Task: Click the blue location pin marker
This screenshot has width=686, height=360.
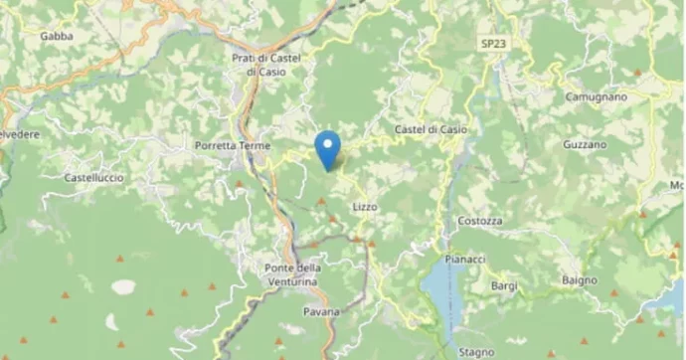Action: click(x=327, y=149)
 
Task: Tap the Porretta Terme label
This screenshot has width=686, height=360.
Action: click(x=231, y=145)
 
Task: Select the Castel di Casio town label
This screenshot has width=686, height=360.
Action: click(x=429, y=130)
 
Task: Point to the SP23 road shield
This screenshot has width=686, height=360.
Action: click(x=491, y=44)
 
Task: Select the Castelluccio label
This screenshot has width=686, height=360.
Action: click(x=93, y=177)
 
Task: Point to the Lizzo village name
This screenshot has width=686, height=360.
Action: click(x=365, y=206)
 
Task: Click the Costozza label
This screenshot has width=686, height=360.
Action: click(x=480, y=221)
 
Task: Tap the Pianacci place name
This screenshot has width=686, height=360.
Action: click(x=465, y=259)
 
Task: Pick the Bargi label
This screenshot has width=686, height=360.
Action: click(x=504, y=286)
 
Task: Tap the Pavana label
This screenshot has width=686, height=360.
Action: click(x=321, y=312)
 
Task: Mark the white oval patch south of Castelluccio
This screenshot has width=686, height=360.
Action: click(x=123, y=287)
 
